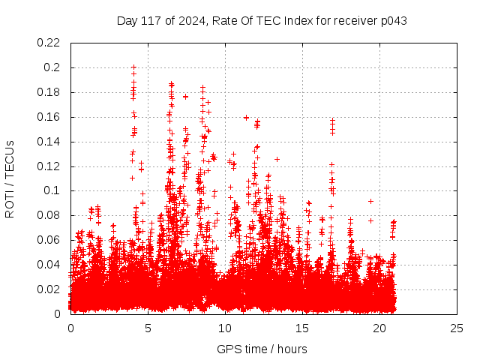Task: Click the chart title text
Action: [262, 20]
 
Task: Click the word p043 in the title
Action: [393, 20]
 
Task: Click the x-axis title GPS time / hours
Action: [262, 349]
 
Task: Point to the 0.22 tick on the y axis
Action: [51, 43]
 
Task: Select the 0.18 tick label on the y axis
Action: [51, 92]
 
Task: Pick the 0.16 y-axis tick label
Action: [51, 117]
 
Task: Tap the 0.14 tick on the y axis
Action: [51, 142]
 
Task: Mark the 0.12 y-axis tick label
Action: [51, 166]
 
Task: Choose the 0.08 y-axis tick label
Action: [51, 215]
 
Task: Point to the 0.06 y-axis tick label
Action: [51, 240]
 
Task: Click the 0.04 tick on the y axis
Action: [51, 265]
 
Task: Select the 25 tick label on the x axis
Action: [457, 328]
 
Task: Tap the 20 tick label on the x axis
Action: [379, 328]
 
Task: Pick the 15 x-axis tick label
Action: [302, 328]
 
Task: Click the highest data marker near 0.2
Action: [133, 67]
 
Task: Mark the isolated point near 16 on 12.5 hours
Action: [246, 117]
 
